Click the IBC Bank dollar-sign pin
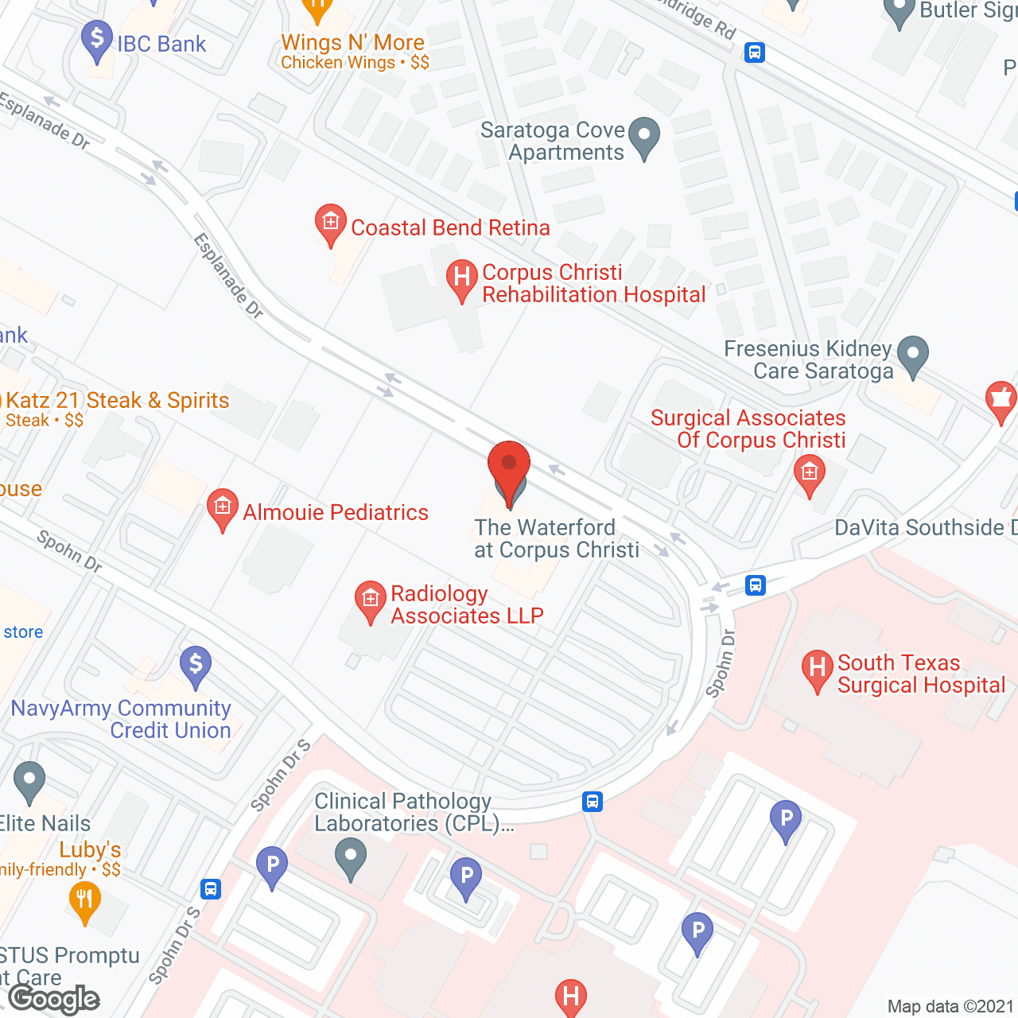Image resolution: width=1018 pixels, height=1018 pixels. pyautogui.click(x=97, y=40)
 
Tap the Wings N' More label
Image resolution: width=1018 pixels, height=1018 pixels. pyautogui.click(x=353, y=43)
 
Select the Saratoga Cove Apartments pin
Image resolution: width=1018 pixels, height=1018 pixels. pyautogui.click(x=643, y=136)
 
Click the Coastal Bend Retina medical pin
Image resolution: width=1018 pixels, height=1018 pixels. pyautogui.click(x=330, y=223)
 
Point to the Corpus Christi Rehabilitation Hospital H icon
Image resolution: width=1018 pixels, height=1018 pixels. pyautogui.click(x=460, y=279)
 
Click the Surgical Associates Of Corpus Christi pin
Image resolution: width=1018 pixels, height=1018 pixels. pyautogui.click(x=809, y=474)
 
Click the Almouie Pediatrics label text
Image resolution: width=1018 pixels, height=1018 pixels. pyautogui.click(x=336, y=512)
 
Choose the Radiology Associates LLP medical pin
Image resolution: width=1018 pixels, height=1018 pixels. pyautogui.click(x=370, y=601)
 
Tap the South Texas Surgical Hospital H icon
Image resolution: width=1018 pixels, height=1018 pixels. pyautogui.click(x=817, y=670)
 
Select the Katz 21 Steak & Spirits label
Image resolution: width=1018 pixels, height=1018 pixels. pyautogui.click(x=118, y=400)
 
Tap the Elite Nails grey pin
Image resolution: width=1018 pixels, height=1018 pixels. pyautogui.click(x=29, y=781)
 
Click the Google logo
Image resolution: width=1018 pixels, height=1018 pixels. pyautogui.click(x=55, y=999)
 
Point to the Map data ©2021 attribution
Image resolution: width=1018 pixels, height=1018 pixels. pyautogui.click(x=950, y=1007)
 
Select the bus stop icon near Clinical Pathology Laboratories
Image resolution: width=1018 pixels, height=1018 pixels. pyautogui.click(x=592, y=801)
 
